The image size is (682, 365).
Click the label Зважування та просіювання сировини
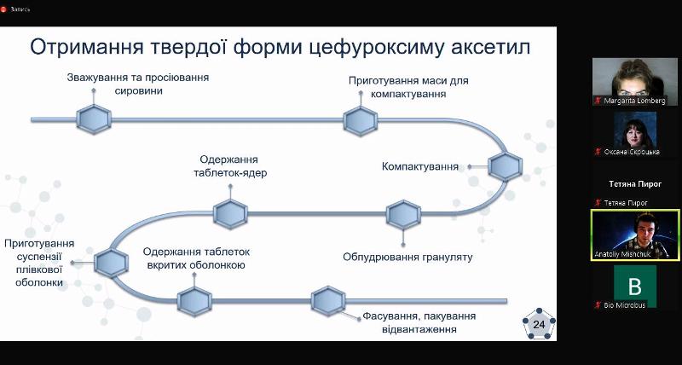tap(137, 84)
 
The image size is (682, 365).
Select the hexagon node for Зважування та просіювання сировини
tap(93, 119)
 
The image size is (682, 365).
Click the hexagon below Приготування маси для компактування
tap(361, 119)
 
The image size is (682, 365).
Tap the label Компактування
tap(420, 165)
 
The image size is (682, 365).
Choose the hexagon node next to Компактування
tap(505, 166)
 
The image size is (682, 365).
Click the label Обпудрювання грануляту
tap(407, 256)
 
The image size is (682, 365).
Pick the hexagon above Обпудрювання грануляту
tap(403, 214)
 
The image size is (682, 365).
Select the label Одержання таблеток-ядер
tap(229, 166)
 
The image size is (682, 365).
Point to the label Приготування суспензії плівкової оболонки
tap(39, 263)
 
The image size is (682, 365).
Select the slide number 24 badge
tap(538, 325)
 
